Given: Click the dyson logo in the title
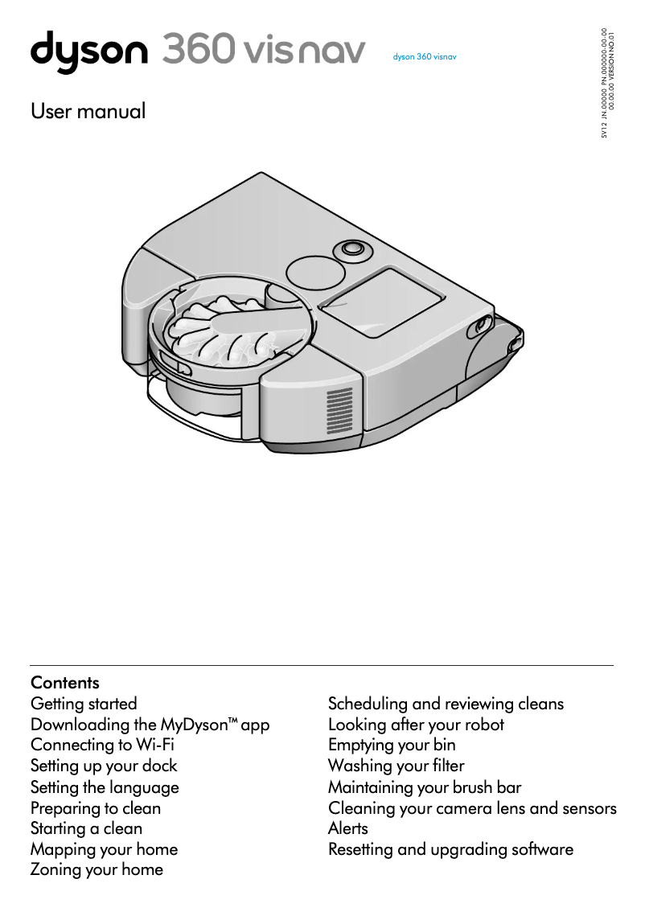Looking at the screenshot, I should (88, 51).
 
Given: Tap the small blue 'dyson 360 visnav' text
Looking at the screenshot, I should (424, 57).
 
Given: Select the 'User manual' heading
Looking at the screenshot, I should (88, 111).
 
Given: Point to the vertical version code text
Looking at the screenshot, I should (608, 83).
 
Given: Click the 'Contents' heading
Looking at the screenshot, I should (65, 683).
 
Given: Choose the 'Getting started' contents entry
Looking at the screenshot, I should (84, 704).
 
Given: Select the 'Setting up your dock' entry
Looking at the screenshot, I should (104, 766).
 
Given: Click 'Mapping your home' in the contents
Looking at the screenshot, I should (104, 849).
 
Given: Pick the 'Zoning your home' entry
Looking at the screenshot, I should (97, 869).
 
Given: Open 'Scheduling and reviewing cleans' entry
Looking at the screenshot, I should (446, 704).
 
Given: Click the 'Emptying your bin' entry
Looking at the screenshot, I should (392, 745).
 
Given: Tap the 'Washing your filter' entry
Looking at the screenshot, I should (396, 766).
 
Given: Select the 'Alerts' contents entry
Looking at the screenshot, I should (347, 828).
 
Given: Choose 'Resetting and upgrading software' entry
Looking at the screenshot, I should (450, 849).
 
